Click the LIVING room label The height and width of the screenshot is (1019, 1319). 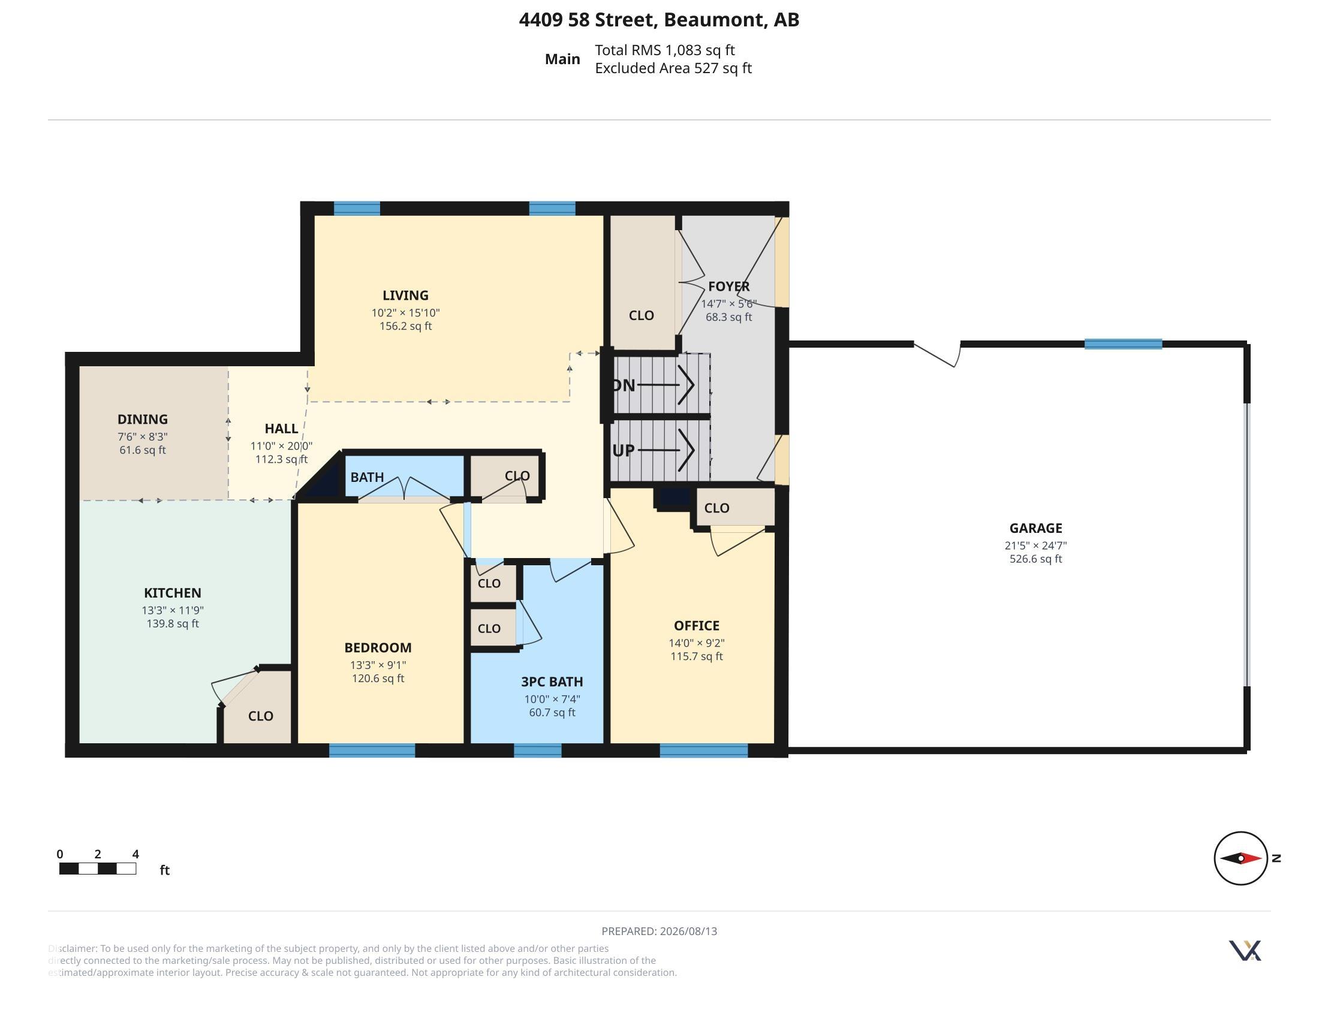[x=405, y=295]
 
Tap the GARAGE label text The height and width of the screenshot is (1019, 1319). [x=1036, y=528]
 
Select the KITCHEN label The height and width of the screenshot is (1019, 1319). [x=173, y=593]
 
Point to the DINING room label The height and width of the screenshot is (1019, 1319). [x=143, y=419]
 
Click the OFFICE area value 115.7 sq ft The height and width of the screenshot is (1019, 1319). [x=696, y=656]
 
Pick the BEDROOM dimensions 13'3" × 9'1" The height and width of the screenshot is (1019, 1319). [x=378, y=665]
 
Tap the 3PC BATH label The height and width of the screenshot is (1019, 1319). [x=552, y=682]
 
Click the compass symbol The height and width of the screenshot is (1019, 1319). [x=1240, y=858]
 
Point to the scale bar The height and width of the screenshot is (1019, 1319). [x=97, y=869]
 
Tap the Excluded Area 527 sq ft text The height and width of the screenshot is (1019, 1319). [x=673, y=68]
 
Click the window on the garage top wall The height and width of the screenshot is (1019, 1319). [x=1124, y=344]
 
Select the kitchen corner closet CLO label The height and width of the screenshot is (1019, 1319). [x=261, y=716]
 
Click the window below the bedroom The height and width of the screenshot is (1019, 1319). [x=372, y=750]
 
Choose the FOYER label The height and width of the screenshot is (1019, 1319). [x=729, y=286]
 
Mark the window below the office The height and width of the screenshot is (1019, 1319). [x=704, y=750]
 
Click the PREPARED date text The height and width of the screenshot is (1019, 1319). [x=659, y=931]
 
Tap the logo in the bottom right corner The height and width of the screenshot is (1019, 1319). [x=1245, y=950]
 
